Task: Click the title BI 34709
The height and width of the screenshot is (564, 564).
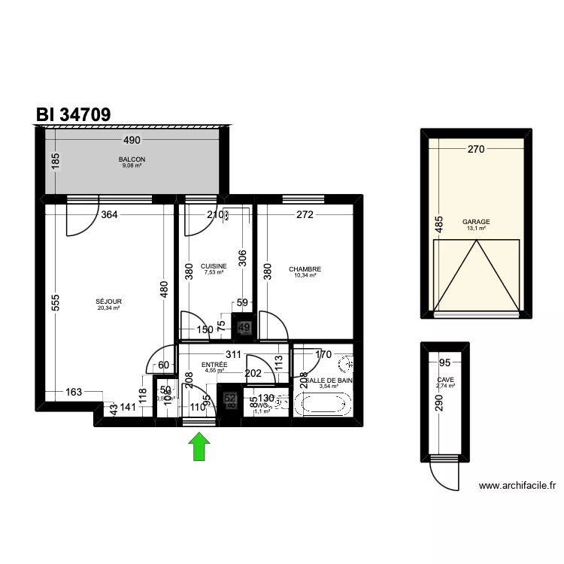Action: pyautogui.click(x=74, y=114)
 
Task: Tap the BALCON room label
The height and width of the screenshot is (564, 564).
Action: pyautogui.click(x=132, y=159)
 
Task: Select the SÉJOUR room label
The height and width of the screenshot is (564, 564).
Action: pyautogui.click(x=109, y=302)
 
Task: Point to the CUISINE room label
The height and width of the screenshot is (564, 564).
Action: pyautogui.click(x=214, y=266)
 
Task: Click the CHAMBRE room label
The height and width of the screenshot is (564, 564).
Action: pyautogui.click(x=305, y=268)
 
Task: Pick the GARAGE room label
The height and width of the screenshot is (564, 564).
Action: pyautogui.click(x=476, y=222)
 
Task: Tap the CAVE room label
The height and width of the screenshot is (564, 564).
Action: pyautogui.click(x=445, y=380)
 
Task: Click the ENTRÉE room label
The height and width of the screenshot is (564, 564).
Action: pyautogui.click(x=214, y=365)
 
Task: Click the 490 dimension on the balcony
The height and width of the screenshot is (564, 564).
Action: pyautogui.click(x=132, y=141)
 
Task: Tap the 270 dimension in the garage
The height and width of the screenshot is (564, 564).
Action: pyautogui.click(x=475, y=149)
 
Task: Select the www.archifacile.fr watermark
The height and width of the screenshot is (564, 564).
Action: pyautogui.click(x=517, y=487)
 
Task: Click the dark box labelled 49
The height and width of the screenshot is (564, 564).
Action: pyautogui.click(x=244, y=327)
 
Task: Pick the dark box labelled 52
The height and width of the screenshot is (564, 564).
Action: pyautogui.click(x=230, y=399)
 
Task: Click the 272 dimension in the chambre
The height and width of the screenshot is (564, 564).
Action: pyautogui.click(x=305, y=215)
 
